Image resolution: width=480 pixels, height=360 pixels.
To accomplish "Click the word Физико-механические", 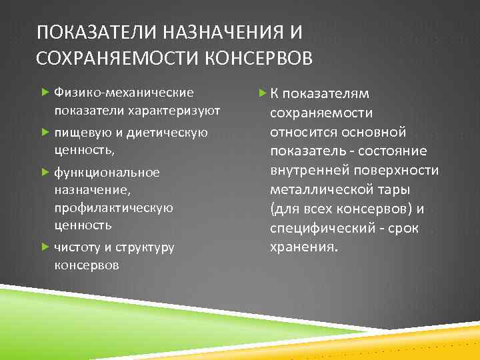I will [124, 92].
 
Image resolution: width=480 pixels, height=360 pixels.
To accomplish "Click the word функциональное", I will [107, 173].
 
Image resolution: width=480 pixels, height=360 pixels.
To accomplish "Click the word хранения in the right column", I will [304, 247].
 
